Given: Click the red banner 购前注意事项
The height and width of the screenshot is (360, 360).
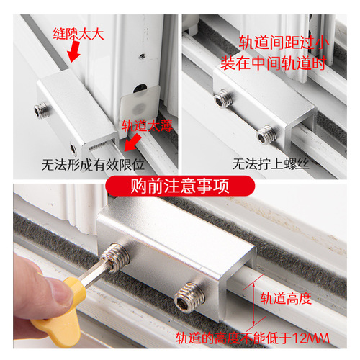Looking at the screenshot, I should point(179,186).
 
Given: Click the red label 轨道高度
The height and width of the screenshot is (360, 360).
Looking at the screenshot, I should point(286,297).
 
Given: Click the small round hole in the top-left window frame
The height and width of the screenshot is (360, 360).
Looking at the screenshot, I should point(143,54).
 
